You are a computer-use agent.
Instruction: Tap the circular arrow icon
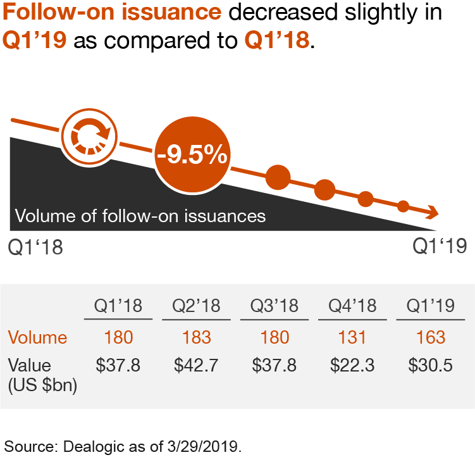[x=90, y=135]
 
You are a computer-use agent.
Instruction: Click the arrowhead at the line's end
[x=433, y=213]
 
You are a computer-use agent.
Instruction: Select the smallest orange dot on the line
[x=402, y=206]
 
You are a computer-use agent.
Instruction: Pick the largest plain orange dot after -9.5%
[x=278, y=177]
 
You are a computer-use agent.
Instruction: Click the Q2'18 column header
[x=197, y=306]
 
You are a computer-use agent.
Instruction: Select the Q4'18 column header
[x=352, y=306]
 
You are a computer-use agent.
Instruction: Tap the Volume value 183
[x=197, y=337]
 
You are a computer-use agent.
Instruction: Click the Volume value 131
[x=352, y=337]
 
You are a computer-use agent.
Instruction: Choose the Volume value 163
[x=431, y=337]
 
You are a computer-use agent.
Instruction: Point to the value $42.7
[x=197, y=366]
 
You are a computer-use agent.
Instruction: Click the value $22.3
[x=352, y=366]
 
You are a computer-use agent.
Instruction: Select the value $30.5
[x=431, y=366]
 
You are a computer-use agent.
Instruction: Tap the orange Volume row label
[x=37, y=337]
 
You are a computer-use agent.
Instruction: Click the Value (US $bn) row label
[x=42, y=375]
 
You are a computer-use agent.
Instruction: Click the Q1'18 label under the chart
[x=36, y=247]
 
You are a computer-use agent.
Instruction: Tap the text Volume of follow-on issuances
[x=140, y=216]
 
